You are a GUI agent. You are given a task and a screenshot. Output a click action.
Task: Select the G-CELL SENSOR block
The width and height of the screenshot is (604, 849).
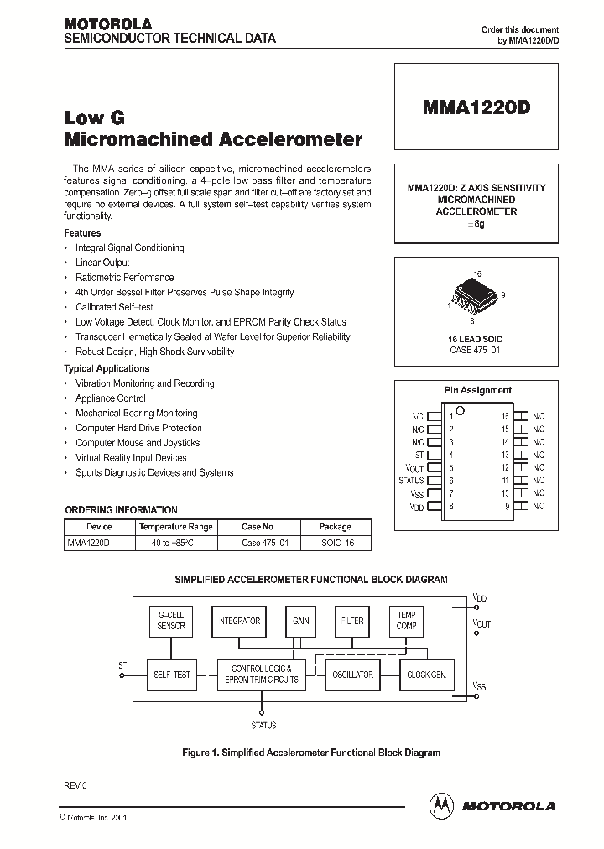tap(171, 621)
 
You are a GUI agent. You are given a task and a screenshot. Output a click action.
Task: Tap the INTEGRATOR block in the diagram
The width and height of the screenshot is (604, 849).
tap(238, 621)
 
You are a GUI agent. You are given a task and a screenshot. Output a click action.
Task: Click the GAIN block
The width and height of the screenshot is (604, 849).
tap(301, 621)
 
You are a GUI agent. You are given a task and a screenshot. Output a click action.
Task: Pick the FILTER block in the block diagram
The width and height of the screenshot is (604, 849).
tap(352, 621)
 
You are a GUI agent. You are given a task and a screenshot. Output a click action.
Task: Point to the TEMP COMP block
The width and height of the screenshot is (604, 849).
tap(406, 621)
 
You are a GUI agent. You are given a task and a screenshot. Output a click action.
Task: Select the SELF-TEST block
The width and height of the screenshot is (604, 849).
tap(171, 674)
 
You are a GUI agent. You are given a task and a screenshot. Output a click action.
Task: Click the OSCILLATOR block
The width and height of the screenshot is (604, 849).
tap(352, 674)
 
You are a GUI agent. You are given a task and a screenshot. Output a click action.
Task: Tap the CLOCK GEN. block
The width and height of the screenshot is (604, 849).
tap(426, 674)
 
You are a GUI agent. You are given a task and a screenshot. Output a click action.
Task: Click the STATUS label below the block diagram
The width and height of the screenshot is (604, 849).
tap(263, 725)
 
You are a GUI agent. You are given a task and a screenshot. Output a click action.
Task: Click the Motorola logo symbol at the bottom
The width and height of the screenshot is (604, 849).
tap(440, 805)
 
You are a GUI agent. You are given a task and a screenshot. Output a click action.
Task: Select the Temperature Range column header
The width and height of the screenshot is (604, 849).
tap(176, 527)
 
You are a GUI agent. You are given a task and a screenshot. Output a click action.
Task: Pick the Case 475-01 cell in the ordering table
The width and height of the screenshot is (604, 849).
tap(264, 543)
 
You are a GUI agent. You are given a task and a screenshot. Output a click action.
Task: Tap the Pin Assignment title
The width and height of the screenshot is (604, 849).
tap(476, 390)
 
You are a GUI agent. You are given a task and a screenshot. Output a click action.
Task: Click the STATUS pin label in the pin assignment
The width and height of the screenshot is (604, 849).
tap(411, 481)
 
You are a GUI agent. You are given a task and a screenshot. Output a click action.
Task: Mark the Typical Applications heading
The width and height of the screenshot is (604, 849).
tap(107, 368)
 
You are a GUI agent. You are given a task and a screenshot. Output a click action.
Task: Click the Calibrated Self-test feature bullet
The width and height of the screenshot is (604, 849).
tap(114, 307)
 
